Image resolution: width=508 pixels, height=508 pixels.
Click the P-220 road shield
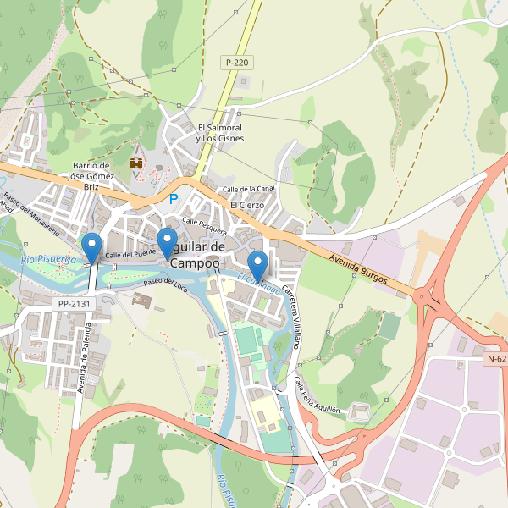pos(237,63)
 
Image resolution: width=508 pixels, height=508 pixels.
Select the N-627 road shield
pos(498,359)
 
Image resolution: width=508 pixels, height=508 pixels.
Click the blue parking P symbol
pos(174,200)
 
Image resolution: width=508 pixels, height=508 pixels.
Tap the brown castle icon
pos(135,162)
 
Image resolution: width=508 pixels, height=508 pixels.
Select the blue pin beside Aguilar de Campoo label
pos(168,243)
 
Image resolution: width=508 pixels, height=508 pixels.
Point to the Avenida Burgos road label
pos(359,268)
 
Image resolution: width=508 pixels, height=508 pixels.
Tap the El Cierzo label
pos(247,205)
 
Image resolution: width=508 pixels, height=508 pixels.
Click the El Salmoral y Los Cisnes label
pos(218,133)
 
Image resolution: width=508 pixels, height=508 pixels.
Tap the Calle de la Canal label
pos(248,188)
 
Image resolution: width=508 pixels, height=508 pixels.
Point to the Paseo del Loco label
pos(165,283)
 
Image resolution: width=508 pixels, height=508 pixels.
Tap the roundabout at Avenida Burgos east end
pos(430,298)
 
